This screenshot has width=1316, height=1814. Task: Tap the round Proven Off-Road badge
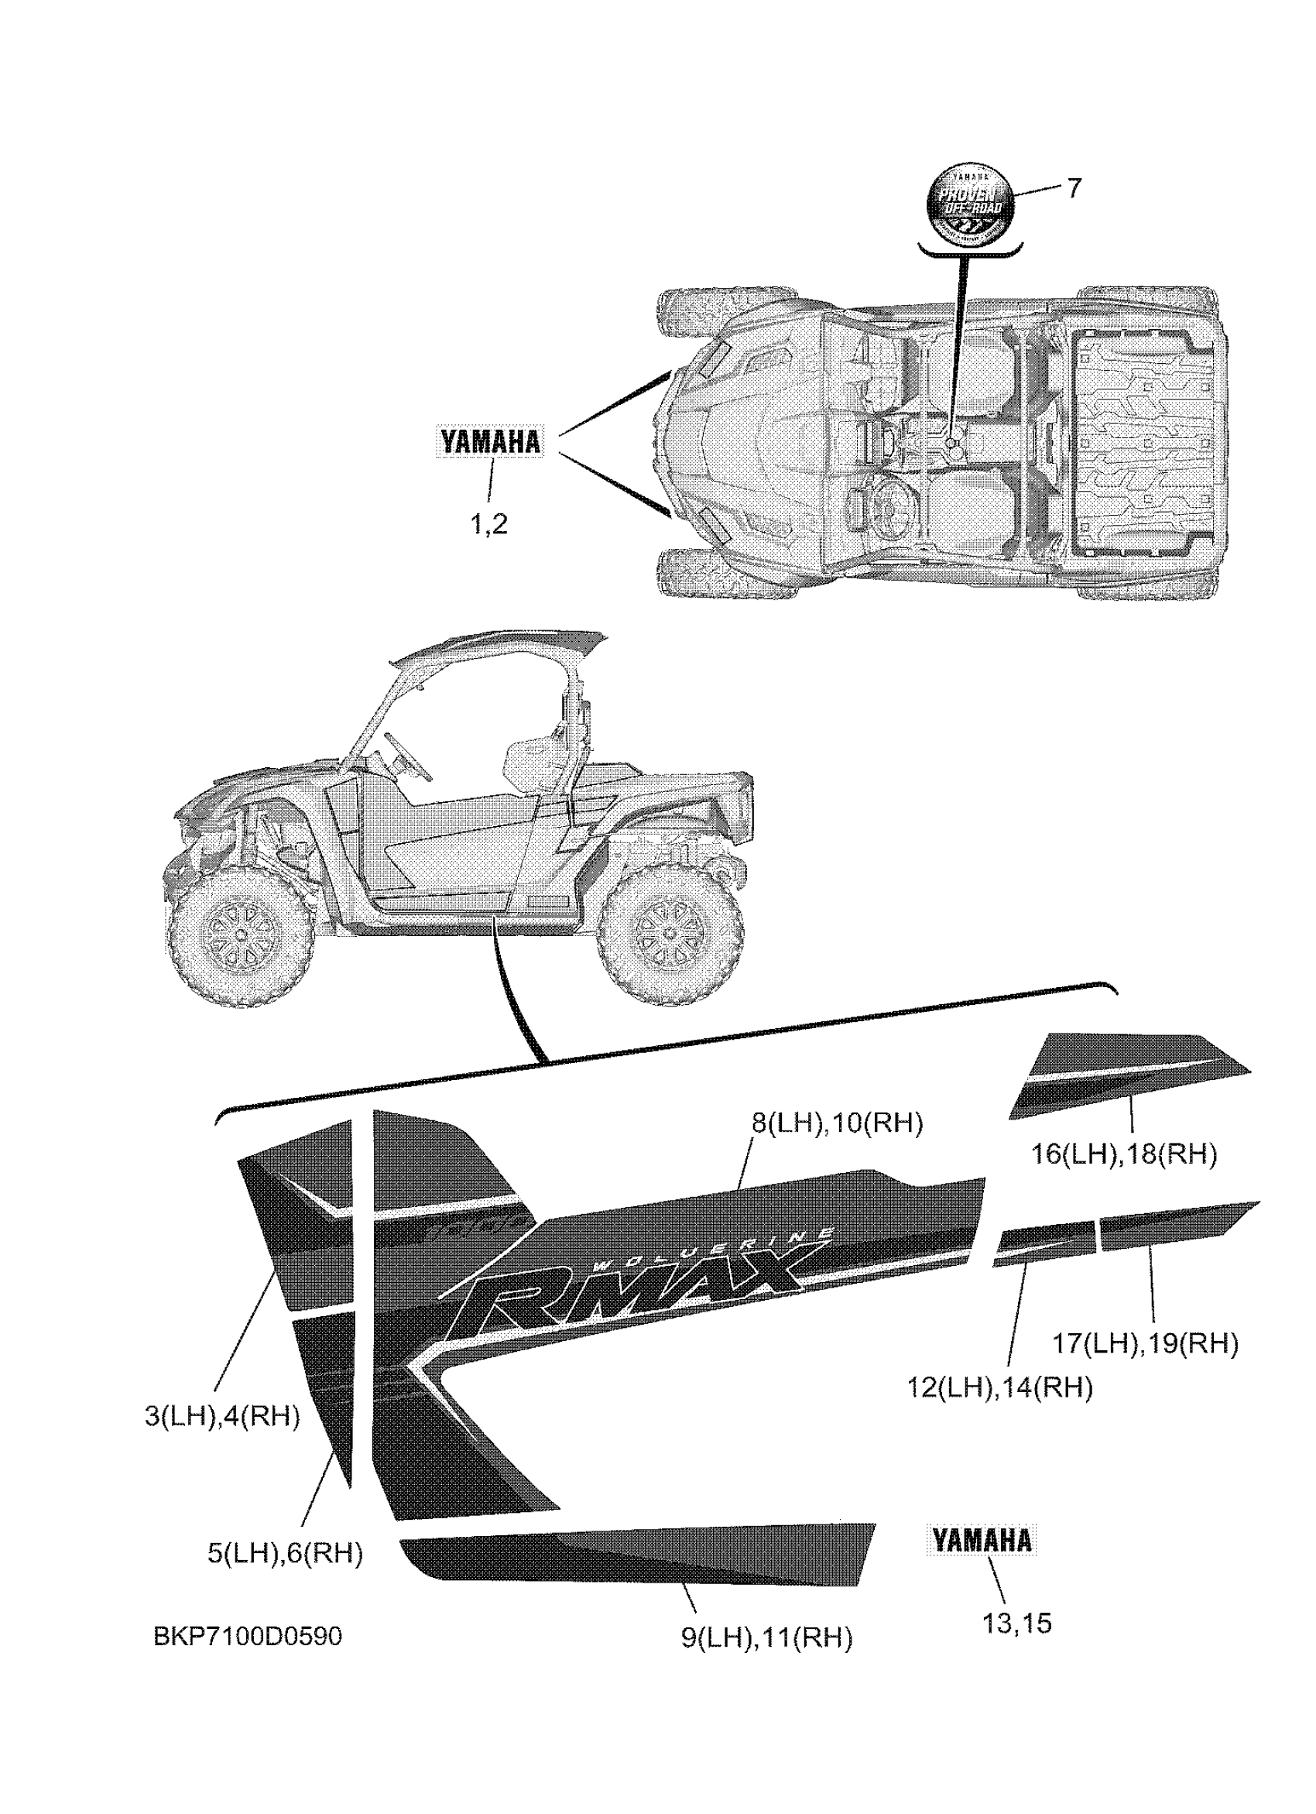point(968,201)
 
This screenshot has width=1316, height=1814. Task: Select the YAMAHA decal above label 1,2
point(490,441)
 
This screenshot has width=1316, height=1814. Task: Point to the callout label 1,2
point(488,525)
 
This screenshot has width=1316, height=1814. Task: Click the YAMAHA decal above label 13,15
point(982,1541)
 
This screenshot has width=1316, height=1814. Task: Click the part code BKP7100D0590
point(248,1637)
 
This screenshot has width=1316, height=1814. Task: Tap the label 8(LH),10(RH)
point(836,1123)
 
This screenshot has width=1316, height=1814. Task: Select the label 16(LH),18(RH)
point(1124,1154)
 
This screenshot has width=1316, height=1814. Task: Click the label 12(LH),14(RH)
point(999,1386)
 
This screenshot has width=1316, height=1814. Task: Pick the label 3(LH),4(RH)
point(222,1417)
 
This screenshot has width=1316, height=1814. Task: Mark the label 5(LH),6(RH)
point(286,1553)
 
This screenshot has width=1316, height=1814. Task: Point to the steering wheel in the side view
point(409,756)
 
